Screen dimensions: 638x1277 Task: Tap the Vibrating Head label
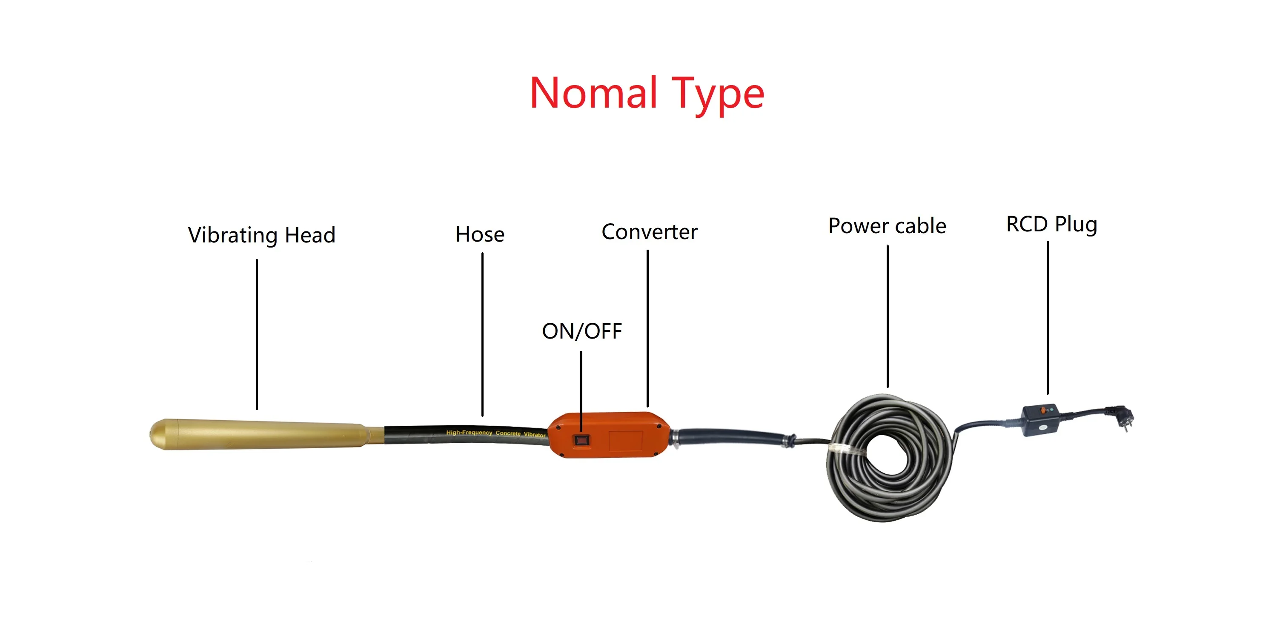click(262, 235)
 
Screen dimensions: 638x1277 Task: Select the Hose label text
click(480, 234)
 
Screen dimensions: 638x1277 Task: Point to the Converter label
click(650, 232)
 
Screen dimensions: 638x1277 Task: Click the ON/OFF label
click(582, 331)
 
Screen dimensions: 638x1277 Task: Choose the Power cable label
click(888, 226)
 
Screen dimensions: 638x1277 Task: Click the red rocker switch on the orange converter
click(581, 440)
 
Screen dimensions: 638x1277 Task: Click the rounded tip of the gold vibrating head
click(157, 434)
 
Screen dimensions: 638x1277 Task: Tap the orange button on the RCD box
click(1043, 410)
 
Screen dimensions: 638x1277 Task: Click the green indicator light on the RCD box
click(1051, 410)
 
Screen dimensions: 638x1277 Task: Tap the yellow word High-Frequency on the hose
click(469, 433)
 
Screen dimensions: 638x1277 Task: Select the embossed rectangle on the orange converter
click(626, 440)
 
